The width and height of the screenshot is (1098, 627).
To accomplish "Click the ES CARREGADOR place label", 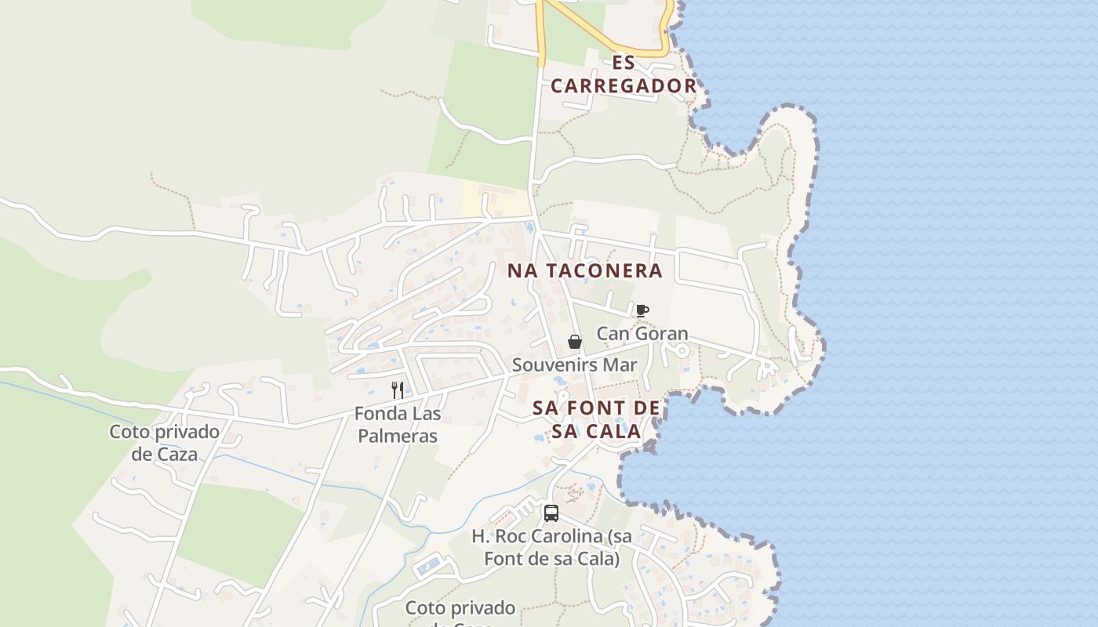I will [623, 74].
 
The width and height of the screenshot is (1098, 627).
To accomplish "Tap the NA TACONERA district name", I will [584, 271].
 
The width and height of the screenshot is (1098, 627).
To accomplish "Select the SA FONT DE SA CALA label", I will [596, 419].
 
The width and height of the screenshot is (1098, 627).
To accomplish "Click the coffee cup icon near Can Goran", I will [642, 310].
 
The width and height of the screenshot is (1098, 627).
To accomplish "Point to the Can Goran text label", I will [642, 334].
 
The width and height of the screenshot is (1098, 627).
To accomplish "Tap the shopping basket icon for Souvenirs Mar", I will [575, 342].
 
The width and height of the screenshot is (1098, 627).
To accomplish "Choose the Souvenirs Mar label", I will [574, 365].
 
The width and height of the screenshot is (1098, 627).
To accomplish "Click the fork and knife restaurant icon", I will [398, 390].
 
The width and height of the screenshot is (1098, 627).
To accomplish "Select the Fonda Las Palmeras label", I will [398, 424].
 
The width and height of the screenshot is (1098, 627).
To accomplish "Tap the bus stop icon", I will [551, 513].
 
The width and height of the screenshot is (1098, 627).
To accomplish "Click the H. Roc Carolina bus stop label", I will [551, 547].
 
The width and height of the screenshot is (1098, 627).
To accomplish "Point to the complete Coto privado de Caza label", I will [165, 442].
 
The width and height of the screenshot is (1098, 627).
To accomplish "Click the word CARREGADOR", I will [623, 86].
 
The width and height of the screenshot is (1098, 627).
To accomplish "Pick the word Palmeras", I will [398, 436].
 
